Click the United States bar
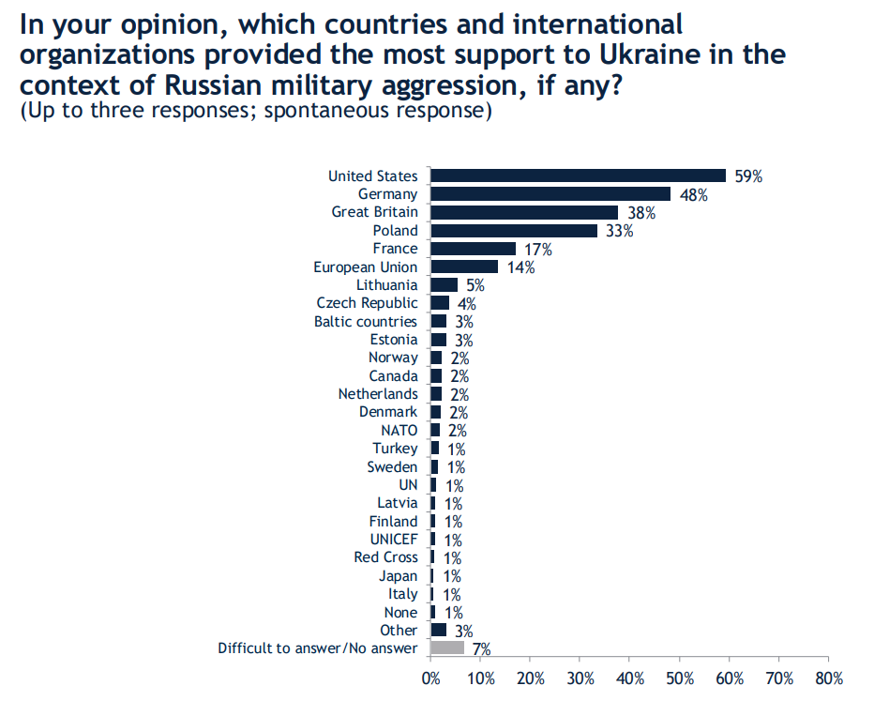tap(578, 175)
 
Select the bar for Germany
tap(550, 194)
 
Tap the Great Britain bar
tap(524, 212)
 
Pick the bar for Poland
tap(513, 231)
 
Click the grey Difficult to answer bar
tap(447, 648)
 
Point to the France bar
tap(473, 249)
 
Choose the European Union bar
tap(464, 267)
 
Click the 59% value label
tap(748, 176)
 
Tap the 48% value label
tap(694, 195)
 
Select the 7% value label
tap(481, 648)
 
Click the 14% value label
tap(520, 267)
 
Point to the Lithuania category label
tap(386, 285)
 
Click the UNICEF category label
tap(394, 540)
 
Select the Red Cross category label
tap(385, 557)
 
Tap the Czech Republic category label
tap(367, 303)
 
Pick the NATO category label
tap(399, 431)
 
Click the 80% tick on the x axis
tap(829, 678)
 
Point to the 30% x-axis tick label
tap(580, 678)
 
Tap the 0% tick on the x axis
tap(430, 678)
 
